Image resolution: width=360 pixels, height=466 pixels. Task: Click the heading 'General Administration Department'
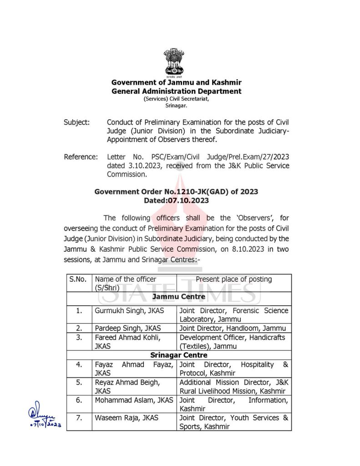177,91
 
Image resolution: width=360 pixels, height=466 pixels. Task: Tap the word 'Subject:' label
76,122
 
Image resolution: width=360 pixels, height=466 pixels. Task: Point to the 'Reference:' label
81,157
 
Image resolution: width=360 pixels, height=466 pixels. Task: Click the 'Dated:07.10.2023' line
176,200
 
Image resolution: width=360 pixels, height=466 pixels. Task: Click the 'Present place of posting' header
233,279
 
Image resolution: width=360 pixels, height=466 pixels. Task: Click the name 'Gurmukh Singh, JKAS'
130,310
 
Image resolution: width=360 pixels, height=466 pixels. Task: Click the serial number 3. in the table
79,337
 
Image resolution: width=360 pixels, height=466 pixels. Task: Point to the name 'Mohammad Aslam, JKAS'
134,400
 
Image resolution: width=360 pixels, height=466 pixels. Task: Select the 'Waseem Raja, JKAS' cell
127,417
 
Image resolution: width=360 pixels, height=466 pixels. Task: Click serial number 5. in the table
79,382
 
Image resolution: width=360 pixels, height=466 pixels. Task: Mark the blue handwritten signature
44,418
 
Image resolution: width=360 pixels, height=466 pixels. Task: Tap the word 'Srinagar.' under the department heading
176,105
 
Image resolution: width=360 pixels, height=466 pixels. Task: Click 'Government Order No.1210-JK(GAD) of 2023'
176,192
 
